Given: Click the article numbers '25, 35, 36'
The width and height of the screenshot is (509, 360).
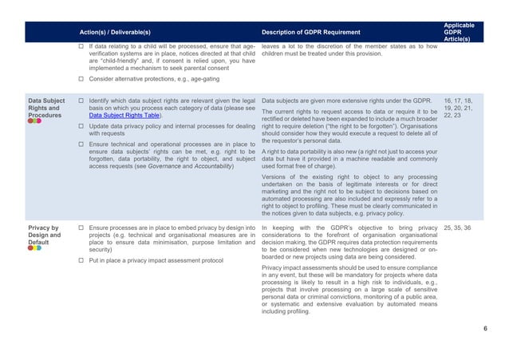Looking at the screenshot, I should pyautogui.click(x=458, y=228).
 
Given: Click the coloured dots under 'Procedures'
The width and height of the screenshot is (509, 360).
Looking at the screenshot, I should pyautogui.click(x=34, y=123).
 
